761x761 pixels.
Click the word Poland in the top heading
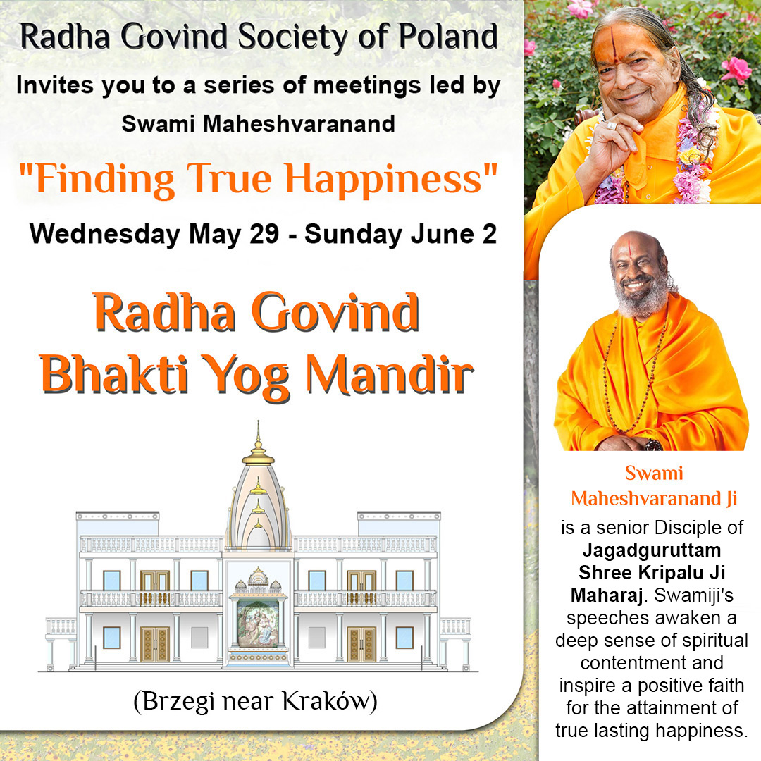[x=448, y=37]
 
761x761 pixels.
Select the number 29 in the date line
[x=264, y=234]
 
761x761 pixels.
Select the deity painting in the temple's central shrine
[x=258, y=624]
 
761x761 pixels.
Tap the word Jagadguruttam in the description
[x=652, y=550]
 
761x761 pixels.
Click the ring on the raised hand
[x=612, y=125]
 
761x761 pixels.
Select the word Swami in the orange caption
[x=654, y=473]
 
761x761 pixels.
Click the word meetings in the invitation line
[x=367, y=85]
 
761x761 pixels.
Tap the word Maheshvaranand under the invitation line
[x=299, y=124]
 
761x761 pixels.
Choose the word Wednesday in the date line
[x=105, y=235]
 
